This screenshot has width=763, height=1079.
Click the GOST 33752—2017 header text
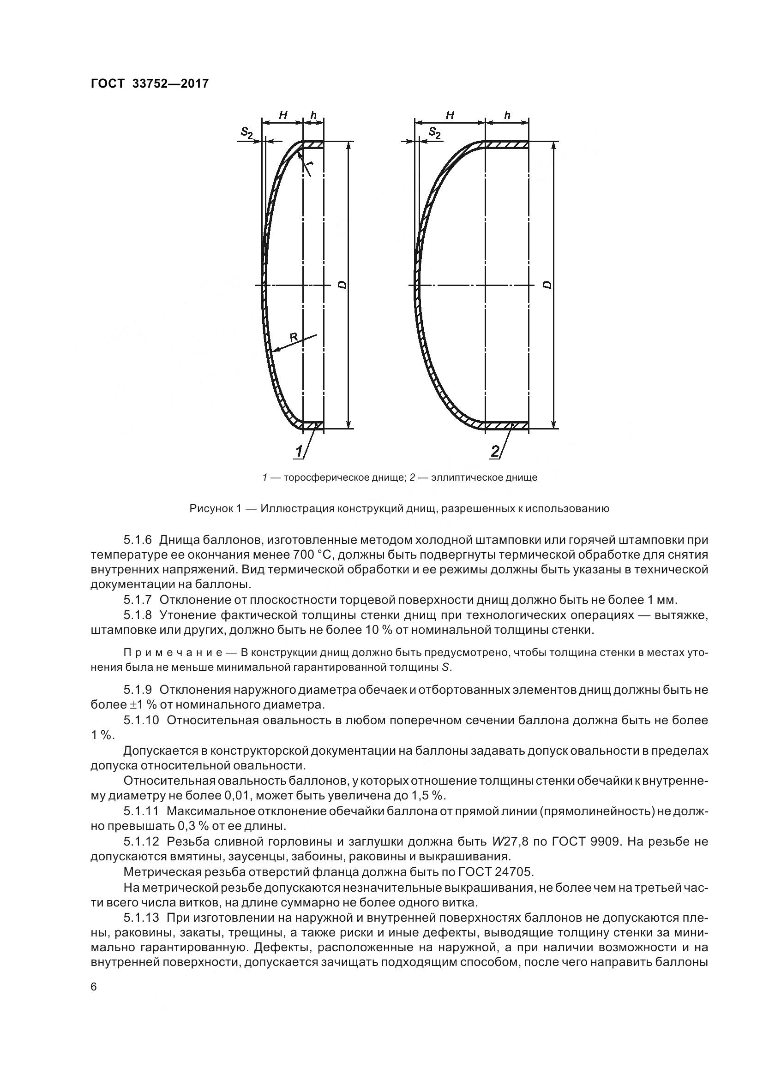[149, 83]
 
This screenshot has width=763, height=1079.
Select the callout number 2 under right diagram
[494, 452]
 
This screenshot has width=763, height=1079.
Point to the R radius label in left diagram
[294, 336]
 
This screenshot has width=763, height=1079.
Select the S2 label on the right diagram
[435, 133]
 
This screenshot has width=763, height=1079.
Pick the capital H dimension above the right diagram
[450, 115]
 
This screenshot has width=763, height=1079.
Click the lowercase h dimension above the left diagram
[313, 115]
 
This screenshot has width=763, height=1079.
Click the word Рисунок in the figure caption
[211, 508]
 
